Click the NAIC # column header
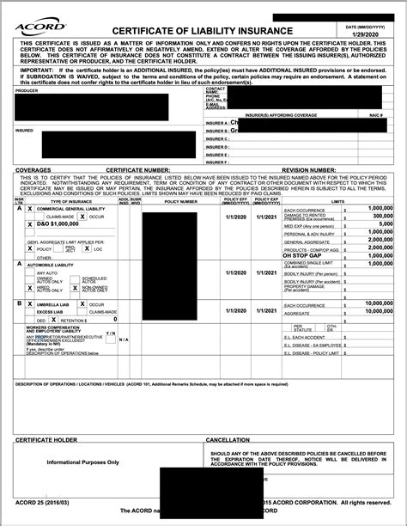(x=376, y=114)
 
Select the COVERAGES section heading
(x=34, y=170)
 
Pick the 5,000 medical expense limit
(x=383, y=223)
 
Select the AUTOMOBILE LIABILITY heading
(x=54, y=265)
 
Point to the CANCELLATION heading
(x=228, y=440)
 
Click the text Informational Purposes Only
(x=83, y=462)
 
